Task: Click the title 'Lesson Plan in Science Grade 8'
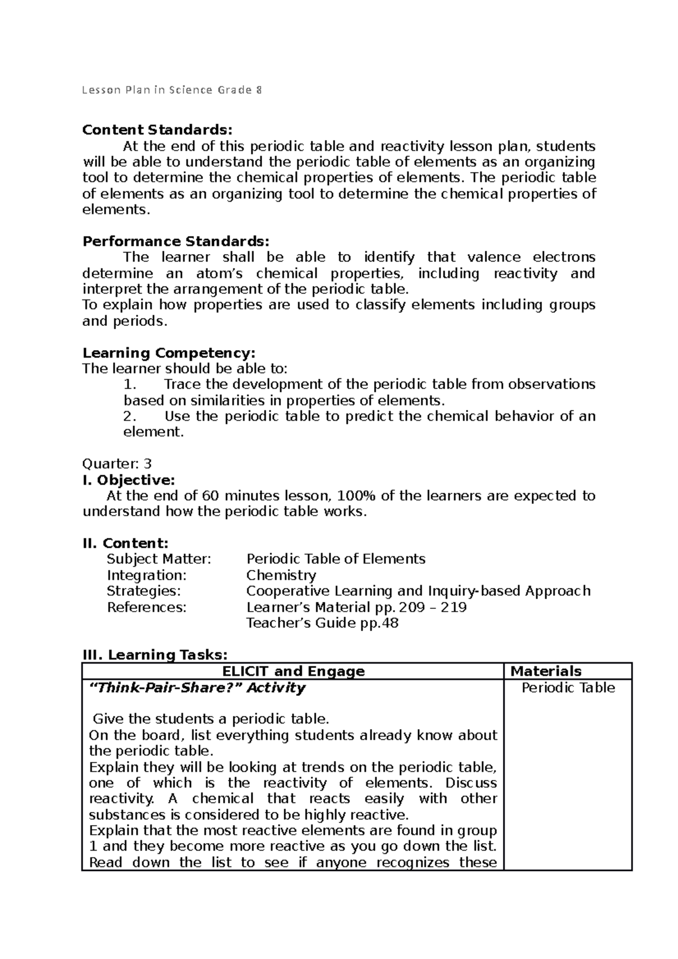pyautogui.click(x=172, y=90)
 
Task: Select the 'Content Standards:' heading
pyautogui.click(x=157, y=130)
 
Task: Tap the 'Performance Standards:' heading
pyautogui.click(x=176, y=242)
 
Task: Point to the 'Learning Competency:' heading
pyautogui.click(x=169, y=353)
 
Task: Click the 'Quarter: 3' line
pyautogui.click(x=117, y=464)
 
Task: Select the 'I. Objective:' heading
pyautogui.click(x=129, y=480)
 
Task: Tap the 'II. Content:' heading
pyautogui.click(x=125, y=543)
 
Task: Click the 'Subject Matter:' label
pyautogui.click(x=159, y=559)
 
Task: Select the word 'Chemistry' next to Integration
pyautogui.click(x=281, y=576)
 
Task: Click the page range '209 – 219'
pyautogui.click(x=433, y=608)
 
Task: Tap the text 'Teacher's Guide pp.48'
pyautogui.click(x=322, y=624)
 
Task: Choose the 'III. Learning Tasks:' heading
pyautogui.click(x=155, y=655)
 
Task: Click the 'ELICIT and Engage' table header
pyautogui.click(x=293, y=672)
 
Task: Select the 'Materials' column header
pyautogui.click(x=546, y=672)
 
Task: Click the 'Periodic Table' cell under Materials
pyautogui.click(x=568, y=688)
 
